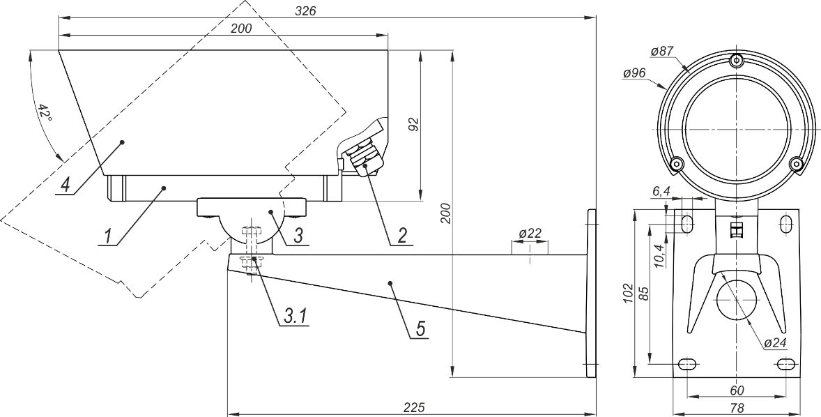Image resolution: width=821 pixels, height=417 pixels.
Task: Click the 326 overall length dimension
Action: pyautogui.click(x=306, y=10)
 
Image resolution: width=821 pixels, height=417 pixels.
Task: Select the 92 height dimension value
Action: pyautogui.click(x=414, y=125)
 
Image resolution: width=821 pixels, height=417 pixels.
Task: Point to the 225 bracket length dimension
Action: pyautogui.click(x=414, y=407)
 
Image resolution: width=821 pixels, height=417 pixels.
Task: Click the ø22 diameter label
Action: pyautogui.click(x=530, y=233)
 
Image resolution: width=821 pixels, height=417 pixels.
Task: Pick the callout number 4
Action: pyautogui.click(x=64, y=186)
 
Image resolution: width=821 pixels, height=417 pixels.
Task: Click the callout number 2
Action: pyautogui.click(x=402, y=236)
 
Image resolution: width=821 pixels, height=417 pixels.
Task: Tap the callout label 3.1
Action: pyautogui.click(x=296, y=316)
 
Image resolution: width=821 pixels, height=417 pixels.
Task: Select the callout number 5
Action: pyautogui.click(x=420, y=329)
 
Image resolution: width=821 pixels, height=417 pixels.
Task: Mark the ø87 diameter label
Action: pyautogui.click(x=661, y=52)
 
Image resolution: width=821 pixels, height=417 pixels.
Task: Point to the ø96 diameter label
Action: pyautogui.click(x=634, y=74)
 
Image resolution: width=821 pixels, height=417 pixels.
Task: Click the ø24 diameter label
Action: pyautogui.click(x=776, y=343)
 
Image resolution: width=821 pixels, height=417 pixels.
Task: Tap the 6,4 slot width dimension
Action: pyautogui.click(x=661, y=191)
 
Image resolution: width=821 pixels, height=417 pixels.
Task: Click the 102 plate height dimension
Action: pyautogui.click(x=629, y=294)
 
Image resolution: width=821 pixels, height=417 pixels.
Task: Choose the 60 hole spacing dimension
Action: pyautogui.click(x=736, y=391)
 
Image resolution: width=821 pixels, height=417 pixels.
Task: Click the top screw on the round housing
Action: pyautogui.click(x=737, y=60)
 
